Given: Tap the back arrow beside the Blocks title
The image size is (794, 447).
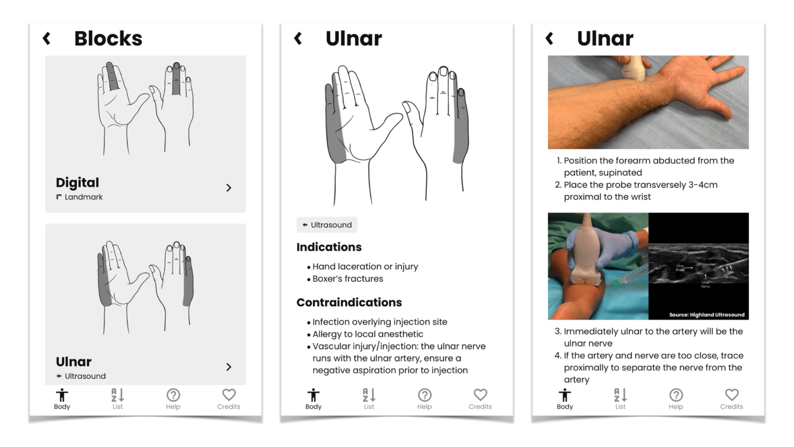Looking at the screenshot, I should [47, 38].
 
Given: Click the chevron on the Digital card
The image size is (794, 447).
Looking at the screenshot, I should [228, 188].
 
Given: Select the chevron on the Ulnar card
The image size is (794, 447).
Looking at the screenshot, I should [228, 367].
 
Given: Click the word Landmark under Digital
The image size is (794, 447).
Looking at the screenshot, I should [83, 197].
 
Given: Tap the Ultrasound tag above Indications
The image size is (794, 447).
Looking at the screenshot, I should [327, 225].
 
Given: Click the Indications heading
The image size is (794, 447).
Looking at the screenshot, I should [329, 247].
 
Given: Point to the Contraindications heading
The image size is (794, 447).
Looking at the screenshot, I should [349, 303].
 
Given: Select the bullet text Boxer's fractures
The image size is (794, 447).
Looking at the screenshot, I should [347, 279].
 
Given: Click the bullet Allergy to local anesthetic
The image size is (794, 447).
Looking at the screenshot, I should [368, 334].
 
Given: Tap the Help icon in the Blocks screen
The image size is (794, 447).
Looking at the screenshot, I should [173, 396].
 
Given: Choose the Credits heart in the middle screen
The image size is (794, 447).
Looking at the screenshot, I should [480, 395].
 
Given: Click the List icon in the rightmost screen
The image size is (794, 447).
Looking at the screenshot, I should [620, 396].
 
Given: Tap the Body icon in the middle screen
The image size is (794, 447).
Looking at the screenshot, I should [313, 396].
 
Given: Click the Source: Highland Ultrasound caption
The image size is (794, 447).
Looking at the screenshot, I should [707, 315].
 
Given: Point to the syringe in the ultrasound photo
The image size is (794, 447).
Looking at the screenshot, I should [628, 276].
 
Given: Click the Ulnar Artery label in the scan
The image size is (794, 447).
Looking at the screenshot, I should [680, 267].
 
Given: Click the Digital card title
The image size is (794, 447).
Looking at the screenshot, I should [78, 183].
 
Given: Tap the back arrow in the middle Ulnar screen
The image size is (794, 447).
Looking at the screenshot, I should [298, 38].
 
